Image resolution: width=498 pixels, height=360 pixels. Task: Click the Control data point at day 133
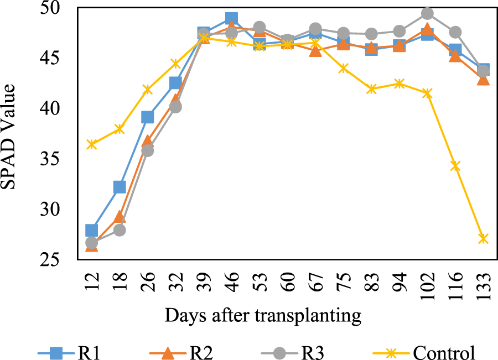tap(483, 239)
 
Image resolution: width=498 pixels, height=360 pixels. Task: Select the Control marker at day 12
tap(92, 144)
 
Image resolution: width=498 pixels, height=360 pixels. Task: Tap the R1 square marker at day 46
tap(231, 19)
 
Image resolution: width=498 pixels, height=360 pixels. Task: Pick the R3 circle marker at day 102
tap(427, 13)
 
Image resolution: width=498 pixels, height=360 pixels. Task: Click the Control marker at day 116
tap(455, 165)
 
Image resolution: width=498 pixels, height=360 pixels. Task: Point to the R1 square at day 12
tap(92, 230)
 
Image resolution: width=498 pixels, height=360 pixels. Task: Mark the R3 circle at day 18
tap(120, 230)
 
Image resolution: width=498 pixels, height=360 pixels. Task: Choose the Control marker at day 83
tap(371, 89)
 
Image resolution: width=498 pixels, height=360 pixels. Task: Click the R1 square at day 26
tap(148, 117)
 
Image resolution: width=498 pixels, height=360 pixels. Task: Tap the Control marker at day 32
tap(175, 64)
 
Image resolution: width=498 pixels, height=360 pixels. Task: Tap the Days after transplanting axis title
tap(263, 316)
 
